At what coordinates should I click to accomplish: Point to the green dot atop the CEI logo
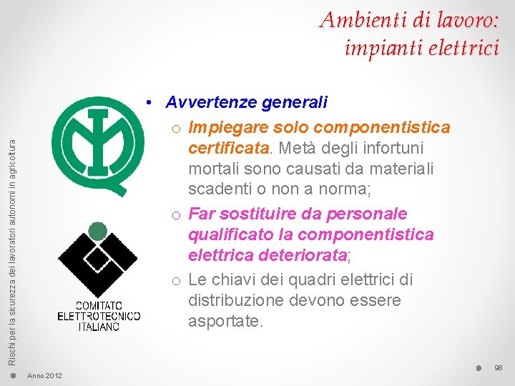tap(97, 230)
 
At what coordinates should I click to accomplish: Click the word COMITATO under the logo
tap(99, 305)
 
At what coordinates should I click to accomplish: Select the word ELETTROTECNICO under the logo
tap(99, 316)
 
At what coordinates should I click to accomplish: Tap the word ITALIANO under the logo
tap(99, 326)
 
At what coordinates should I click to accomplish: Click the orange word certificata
tap(229, 148)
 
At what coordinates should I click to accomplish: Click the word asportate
tap(225, 322)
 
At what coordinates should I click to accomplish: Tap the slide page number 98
tap(499, 367)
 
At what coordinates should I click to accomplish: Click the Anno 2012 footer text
tap(44, 376)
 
